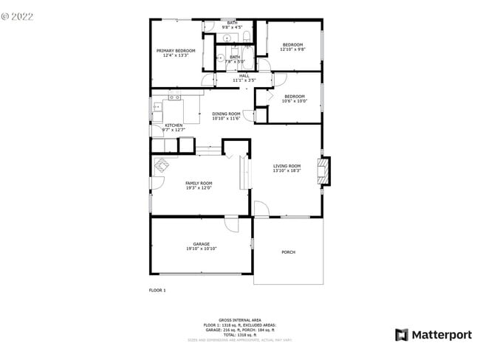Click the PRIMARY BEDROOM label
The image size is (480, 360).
176,50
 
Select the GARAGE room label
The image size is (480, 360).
202,244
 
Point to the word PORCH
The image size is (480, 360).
288,252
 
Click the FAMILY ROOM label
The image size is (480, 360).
199,183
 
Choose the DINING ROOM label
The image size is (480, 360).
226,114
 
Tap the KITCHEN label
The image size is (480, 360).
174,125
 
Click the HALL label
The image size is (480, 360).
244,75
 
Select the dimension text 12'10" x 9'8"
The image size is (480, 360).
294,49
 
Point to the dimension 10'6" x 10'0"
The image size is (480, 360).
295,101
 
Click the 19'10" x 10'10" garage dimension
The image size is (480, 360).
202,249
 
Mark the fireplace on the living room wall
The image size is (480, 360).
322,171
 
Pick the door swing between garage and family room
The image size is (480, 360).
232,222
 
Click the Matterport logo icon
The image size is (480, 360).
402,335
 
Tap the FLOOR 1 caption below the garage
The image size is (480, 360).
157,291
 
